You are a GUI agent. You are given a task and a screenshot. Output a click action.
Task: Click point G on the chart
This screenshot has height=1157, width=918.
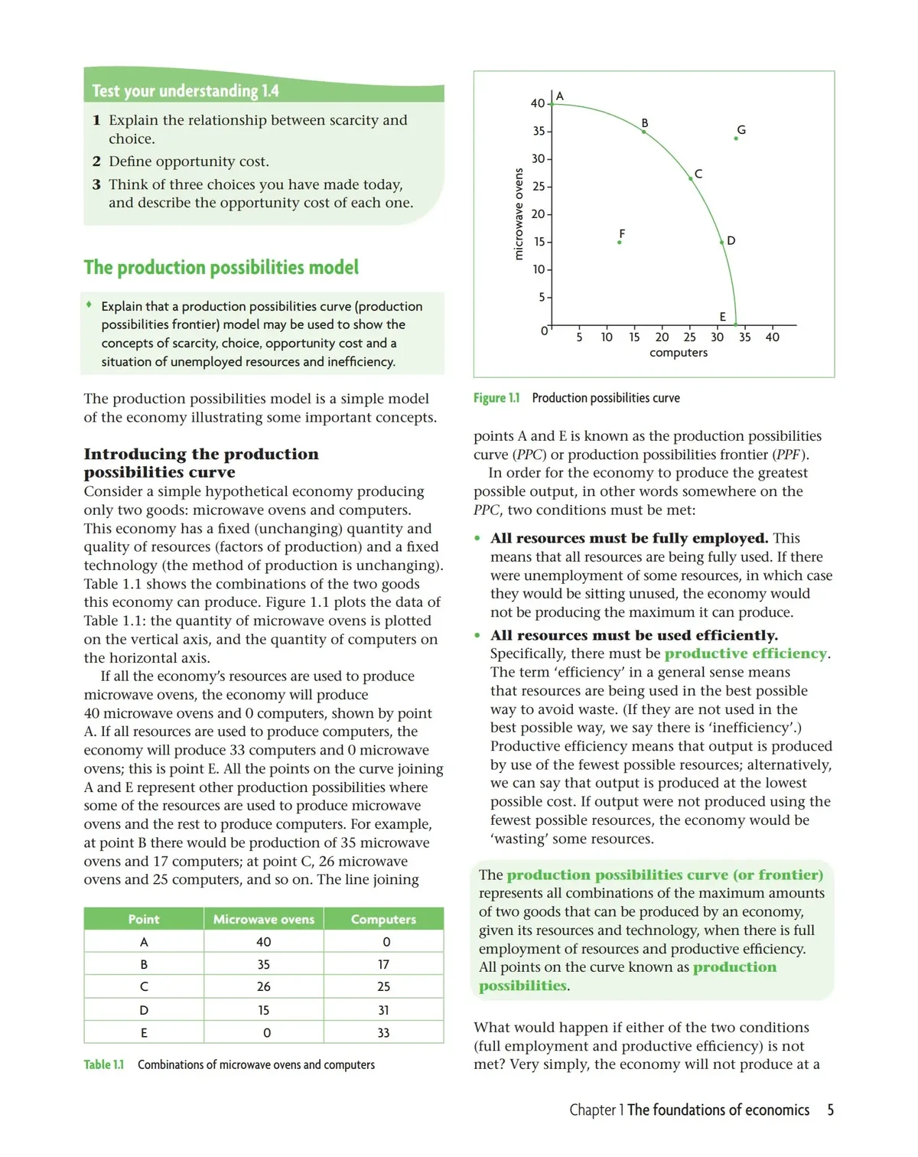[736, 139]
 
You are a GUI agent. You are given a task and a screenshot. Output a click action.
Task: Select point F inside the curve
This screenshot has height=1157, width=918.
[620, 242]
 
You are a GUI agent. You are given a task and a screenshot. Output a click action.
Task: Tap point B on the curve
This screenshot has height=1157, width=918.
[643, 132]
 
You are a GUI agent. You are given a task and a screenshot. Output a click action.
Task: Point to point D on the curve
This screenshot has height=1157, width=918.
[721, 242]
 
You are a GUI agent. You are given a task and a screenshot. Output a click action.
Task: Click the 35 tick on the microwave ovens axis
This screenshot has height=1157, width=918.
[539, 131]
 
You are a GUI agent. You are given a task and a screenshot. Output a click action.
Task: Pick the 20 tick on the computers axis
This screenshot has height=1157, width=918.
[662, 337]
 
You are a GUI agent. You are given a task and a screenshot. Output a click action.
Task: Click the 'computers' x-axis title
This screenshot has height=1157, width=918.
[679, 353]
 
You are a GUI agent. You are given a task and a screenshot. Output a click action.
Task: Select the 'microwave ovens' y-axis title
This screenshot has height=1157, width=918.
[518, 214]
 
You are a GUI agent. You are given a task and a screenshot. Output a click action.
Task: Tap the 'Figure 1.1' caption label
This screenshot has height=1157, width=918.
[496, 398]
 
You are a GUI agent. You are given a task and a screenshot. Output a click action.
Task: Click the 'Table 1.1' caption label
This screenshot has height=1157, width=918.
[103, 1064]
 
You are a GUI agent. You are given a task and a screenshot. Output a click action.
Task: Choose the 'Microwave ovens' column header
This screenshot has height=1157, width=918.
[264, 919]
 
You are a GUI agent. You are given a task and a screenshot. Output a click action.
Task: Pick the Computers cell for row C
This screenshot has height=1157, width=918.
[383, 987]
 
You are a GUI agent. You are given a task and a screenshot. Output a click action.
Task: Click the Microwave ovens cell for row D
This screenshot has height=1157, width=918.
[264, 1010]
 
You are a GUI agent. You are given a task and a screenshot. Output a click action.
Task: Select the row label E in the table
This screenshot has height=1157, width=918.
[144, 1032]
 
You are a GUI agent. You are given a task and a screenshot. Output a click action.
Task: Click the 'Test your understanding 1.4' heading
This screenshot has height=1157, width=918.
[185, 91]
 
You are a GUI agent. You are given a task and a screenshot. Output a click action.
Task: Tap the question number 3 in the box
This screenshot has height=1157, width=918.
[96, 184]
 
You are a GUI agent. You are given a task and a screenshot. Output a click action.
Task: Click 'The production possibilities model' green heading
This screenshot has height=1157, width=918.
[221, 267]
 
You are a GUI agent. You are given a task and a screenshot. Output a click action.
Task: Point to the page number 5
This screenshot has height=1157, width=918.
[830, 1110]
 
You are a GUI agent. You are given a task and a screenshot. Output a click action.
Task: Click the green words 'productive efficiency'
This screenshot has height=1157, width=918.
[746, 653]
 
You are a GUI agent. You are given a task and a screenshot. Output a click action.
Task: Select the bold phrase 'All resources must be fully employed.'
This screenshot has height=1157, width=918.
[629, 538]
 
